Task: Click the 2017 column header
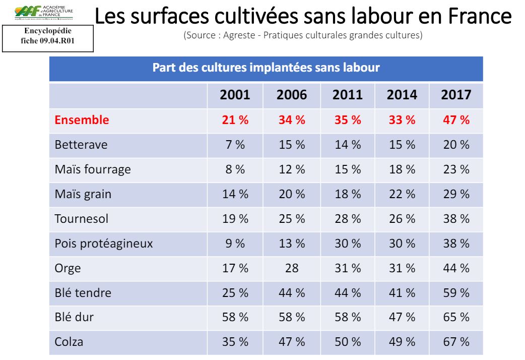point(456,95)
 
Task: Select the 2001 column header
point(235,95)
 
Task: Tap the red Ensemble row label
point(82,120)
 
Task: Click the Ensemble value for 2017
point(456,120)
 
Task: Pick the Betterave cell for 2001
point(235,145)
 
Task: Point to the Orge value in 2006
point(292,268)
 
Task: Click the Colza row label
point(69,342)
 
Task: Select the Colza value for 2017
point(456,342)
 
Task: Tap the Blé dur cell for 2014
point(402,317)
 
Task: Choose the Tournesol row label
point(81,219)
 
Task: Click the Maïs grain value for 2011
point(348,194)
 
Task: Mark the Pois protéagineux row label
point(103,244)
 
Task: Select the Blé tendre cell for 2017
point(456,292)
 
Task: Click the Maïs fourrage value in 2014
point(402,169)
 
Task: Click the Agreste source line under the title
point(303,36)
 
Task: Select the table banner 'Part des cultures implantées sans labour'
point(266,68)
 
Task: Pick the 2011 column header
point(348,95)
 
